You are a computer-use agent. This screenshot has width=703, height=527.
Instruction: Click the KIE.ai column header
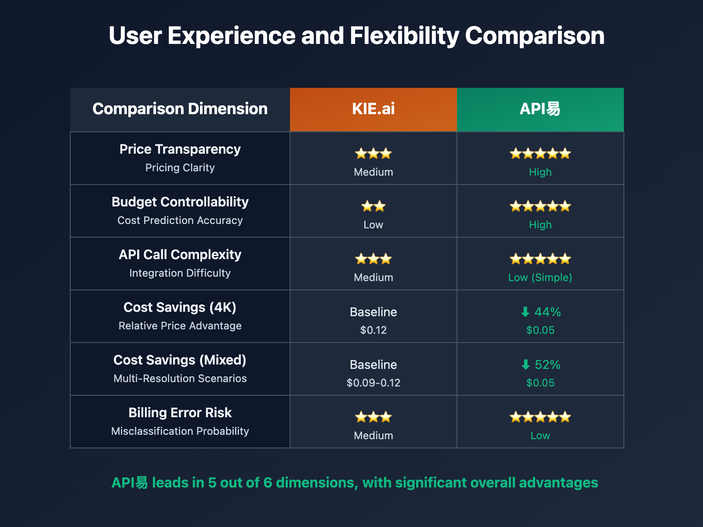coord(373,109)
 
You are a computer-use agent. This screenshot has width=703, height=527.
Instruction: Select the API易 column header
coord(540,109)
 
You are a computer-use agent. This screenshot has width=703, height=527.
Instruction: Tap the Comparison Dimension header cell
coord(180,109)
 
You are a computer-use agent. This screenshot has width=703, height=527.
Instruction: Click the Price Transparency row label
coord(180,149)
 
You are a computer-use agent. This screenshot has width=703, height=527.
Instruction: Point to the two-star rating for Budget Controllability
coord(373,206)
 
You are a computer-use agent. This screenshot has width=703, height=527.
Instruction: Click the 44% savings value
coord(547,312)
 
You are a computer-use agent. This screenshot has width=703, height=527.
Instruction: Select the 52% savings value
coord(547,365)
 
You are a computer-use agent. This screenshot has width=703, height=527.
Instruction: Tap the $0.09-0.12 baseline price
coord(373,383)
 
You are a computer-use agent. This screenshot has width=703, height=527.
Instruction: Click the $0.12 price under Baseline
coord(373,330)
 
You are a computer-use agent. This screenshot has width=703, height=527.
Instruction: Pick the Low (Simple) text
coord(540,277)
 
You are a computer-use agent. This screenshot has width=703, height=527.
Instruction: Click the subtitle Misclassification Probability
coord(180,431)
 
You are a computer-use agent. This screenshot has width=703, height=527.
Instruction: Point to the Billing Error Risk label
coord(180,413)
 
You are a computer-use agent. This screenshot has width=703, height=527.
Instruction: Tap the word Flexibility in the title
coord(404,36)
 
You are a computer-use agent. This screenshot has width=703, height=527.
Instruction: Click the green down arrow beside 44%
coord(525,312)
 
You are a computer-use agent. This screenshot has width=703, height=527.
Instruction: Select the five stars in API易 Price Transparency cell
coord(540,154)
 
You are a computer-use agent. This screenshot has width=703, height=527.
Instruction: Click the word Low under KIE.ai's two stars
coord(373,224)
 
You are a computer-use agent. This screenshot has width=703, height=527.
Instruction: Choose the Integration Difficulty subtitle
coord(180,273)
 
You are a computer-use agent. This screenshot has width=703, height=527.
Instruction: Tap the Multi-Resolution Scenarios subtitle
coord(180,378)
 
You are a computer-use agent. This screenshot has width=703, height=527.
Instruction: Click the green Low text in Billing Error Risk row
coord(540,435)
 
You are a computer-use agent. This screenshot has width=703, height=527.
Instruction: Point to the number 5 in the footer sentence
coord(212,483)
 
